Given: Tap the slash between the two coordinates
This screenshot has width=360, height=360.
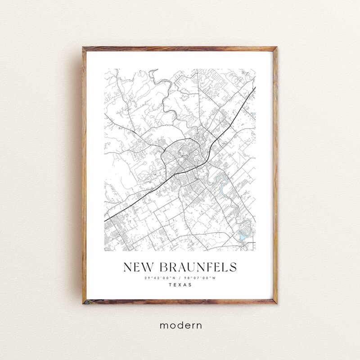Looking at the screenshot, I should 180,278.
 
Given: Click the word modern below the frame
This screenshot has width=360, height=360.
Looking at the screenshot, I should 180,324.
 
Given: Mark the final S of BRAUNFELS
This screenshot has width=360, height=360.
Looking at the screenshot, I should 232,267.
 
